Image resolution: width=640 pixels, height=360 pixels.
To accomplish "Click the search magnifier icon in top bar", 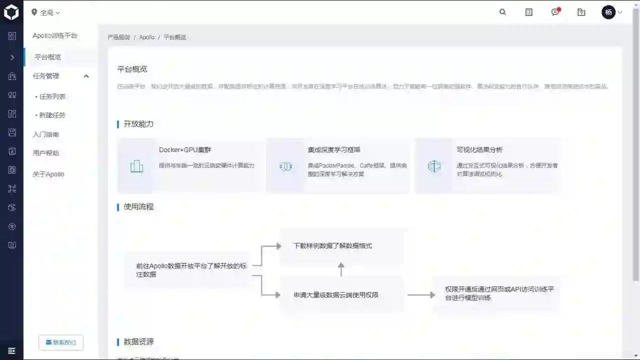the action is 502,12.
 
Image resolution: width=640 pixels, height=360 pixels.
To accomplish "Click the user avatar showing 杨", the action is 608,12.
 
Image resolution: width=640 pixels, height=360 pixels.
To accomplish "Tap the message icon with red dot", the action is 555,12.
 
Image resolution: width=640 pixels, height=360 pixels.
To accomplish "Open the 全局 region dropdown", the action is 45,12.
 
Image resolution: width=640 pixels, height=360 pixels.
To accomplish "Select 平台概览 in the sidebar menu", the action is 47,57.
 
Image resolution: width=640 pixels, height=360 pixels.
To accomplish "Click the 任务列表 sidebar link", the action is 52,96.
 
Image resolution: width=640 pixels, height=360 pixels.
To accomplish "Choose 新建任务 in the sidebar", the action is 52,115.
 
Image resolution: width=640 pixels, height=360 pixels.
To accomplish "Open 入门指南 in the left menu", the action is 46,134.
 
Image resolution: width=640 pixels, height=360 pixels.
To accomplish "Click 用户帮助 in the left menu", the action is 46,153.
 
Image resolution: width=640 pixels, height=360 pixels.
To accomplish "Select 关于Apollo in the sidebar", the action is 48,174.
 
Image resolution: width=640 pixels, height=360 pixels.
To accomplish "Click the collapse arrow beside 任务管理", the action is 86,76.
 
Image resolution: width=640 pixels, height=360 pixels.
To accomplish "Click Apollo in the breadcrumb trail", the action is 146,37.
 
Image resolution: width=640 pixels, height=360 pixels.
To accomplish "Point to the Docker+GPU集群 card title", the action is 185,149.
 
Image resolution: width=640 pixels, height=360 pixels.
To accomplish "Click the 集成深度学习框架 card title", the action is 334,149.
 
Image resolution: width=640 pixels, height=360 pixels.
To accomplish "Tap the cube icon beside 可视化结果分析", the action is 434,166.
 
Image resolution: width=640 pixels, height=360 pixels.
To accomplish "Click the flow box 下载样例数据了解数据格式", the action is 332,246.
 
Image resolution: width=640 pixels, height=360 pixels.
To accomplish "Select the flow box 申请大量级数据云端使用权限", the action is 336,295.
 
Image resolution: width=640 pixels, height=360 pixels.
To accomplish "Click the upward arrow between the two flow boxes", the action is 341,269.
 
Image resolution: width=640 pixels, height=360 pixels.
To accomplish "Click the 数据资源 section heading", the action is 138,341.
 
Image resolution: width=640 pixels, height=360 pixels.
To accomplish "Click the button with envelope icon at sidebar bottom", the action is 61,342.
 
